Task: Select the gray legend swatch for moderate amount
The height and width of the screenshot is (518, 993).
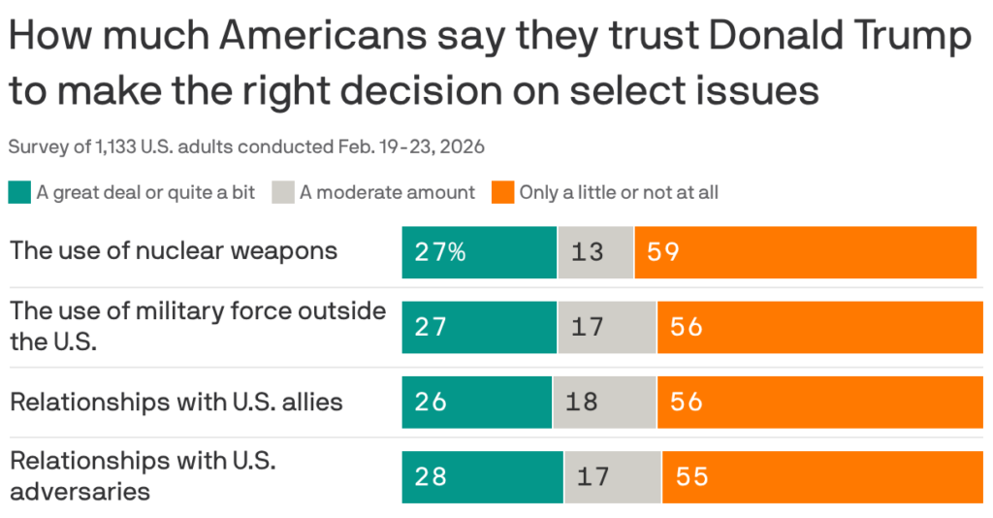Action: tap(283, 191)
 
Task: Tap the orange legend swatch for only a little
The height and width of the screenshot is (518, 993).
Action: tap(503, 191)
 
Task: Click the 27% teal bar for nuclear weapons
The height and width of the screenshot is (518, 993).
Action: tap(479, 252)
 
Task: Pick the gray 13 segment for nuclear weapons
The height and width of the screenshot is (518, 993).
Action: tap(595, 252)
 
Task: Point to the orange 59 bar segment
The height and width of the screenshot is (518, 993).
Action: tap(805, 252)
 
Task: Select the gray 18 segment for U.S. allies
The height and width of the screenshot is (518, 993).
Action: tap(604, 402)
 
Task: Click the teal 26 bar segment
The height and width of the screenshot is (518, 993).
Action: tap(476, 402)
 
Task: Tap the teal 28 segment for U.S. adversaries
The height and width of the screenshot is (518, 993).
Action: tap(482, 476)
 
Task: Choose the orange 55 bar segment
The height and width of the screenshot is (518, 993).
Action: tap(827, 476)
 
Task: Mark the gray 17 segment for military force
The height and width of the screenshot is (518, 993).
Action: tap(607, 327)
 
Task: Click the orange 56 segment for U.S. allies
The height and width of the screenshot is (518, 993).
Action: tap(824, 402)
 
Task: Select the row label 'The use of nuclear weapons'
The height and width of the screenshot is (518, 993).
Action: tap(174, 250)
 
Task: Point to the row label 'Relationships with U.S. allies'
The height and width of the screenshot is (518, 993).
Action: tap(176, 401)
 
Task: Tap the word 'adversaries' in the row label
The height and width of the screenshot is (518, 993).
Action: tap(80, 491)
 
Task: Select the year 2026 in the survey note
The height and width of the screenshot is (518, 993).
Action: tap(464, 147)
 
